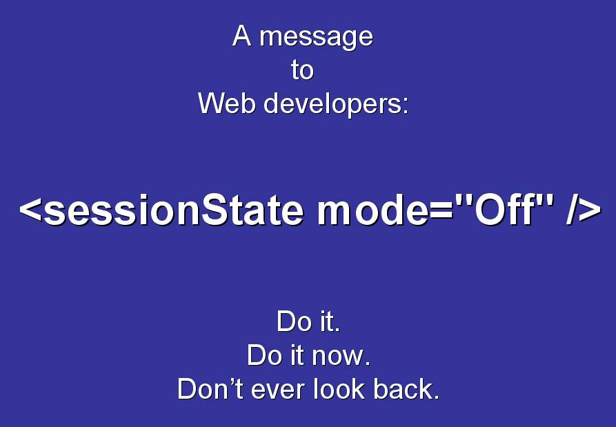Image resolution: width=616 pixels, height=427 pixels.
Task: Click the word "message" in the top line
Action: pyautogui.click(x=316, y=38)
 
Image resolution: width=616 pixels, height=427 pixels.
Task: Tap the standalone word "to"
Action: pyautogui.click(x=302, y=70)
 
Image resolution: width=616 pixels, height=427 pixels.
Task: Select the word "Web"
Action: pyautogui.click(x=227, y=103)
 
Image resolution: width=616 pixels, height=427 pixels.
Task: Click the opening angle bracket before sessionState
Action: pyautogui.click(x=30, y=210)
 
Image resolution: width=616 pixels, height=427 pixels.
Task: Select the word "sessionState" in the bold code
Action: pyautogui.click(x=174, y=210)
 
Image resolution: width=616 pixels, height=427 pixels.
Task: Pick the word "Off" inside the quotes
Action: pyautogui.click(x=505, y=210)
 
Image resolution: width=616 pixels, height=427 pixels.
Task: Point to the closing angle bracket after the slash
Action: pyautogui.click(x=590, y=210)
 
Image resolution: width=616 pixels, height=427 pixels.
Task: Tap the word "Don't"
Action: pyautogui.click(x=210, y=389)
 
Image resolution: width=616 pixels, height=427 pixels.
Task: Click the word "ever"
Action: pyautogui.click(x=277, y=391)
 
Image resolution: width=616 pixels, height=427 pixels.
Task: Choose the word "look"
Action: pyautogui.click(x=339, y=389)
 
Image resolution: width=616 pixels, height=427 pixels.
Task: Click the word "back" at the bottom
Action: pyautogui.click(x=403, y=389)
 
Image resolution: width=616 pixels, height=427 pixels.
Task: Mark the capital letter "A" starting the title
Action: pyautogui.click(x=241, y=36)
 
